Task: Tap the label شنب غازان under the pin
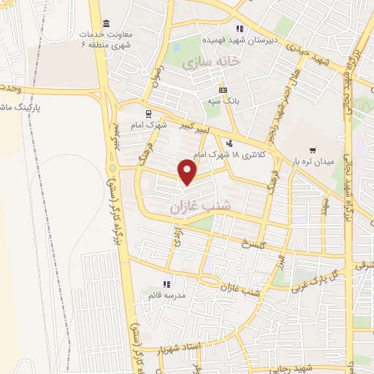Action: [x=200, y=207]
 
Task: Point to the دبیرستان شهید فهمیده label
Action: [x=240, y=41]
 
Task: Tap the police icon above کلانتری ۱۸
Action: [x=230, y=143]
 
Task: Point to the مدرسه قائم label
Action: [x=165, y=294]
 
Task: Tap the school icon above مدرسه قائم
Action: [x=167, y=283]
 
